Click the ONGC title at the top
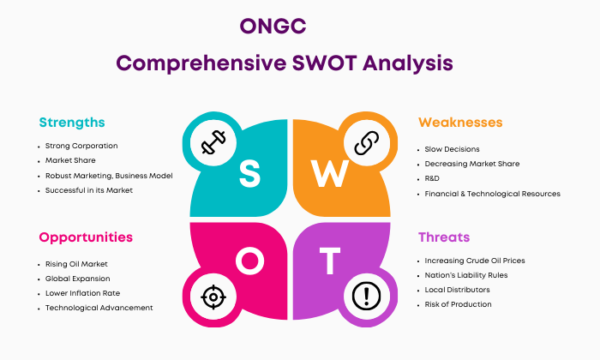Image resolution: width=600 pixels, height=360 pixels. tap(273, 27)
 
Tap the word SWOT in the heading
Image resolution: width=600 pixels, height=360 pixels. tap(325, 63)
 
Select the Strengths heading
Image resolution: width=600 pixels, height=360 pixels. tap(72, 123)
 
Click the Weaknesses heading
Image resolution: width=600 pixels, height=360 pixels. tap(460, 123)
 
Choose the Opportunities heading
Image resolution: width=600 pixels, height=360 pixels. tap(86, 237)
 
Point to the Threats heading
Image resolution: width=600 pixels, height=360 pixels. tap(444, 237)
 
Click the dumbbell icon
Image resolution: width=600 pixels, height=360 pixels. tap(213, 142)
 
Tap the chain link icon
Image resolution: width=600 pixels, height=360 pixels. tap(367, 142)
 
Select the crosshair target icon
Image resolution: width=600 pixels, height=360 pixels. tap(213, 297)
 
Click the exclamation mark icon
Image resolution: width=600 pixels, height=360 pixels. tap(366, 296)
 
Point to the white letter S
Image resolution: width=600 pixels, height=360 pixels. tap(249, 174)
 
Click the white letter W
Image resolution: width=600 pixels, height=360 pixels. tap(329, 173)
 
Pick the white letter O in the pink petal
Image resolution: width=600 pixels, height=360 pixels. tap(249, 261)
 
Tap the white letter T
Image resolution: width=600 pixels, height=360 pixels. tap(329, 261)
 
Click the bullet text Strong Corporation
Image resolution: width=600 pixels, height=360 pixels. tap(81, 146)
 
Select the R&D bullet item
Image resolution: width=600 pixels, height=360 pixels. tap(432, 178)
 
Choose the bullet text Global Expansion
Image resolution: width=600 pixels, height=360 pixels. tap(78, 279)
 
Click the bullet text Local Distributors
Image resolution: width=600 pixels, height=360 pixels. tap(457, 290)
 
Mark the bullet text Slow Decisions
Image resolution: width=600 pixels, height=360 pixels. tap(452, 149)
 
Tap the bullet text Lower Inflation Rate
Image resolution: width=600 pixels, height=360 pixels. tap(82, 293)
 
